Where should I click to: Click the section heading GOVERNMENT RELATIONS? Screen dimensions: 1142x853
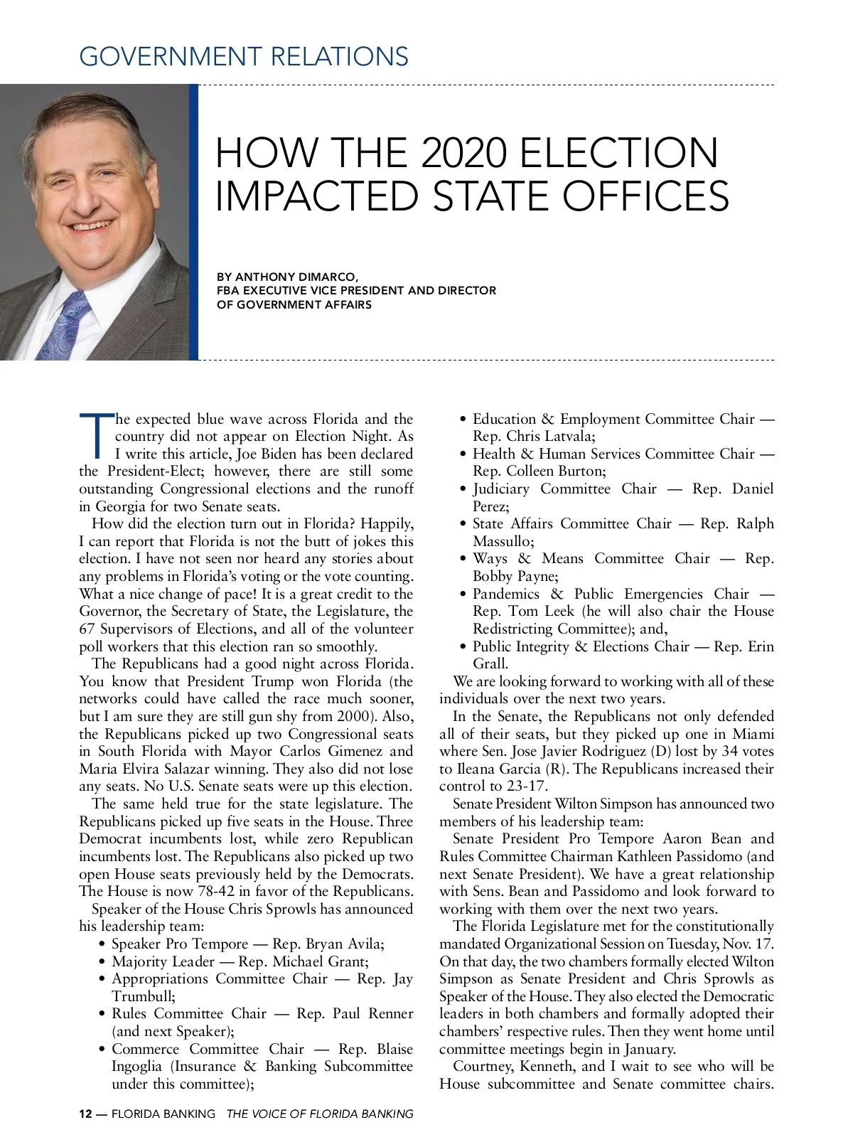244,56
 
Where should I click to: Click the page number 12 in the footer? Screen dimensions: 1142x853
85,1114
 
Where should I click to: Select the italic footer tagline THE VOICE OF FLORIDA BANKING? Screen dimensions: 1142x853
319,1114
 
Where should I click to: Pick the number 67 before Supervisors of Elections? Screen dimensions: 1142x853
87,629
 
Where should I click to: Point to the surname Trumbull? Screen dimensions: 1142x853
141,997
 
